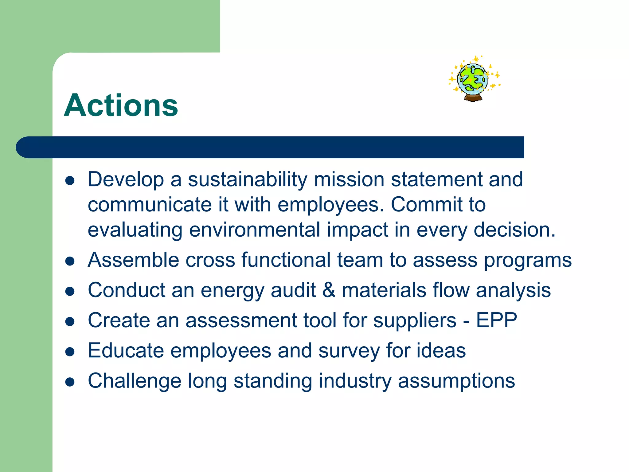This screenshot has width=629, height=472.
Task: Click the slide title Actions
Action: click(x=121, y=105)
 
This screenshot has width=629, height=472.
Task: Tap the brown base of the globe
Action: click(x=473, y=98)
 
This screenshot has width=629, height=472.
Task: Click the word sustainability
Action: click(x=247, y=179)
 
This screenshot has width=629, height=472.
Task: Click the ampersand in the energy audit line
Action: click(x=329, y=290)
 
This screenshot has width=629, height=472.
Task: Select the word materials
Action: click(x=384, y=290)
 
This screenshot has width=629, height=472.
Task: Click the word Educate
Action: click(x=126, y=351)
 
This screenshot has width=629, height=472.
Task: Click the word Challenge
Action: click(x=135, y=381)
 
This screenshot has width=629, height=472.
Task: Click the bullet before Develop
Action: click(x=70, y=181)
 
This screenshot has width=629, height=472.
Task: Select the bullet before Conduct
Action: click(x=70, y=291)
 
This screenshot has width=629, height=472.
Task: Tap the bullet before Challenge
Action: click(x=70, y=382)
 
